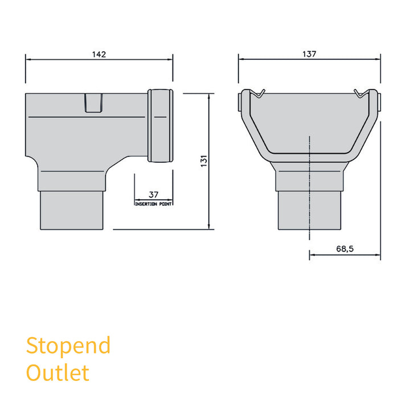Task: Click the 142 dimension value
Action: [99, 54]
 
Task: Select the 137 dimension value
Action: [309, 54]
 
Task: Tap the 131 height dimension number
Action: [203, 161]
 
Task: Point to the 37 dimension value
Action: [153, 195]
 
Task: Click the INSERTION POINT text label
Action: [153, 203]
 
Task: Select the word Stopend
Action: [68, 345]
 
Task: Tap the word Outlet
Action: [58, 372]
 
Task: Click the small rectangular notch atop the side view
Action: [94, 103]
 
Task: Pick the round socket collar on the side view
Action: [160, 125]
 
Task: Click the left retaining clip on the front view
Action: [260, 93]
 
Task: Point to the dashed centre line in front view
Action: [309, 188]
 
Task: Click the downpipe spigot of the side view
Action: [73, 211]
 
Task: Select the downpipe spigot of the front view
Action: [309, 211]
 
